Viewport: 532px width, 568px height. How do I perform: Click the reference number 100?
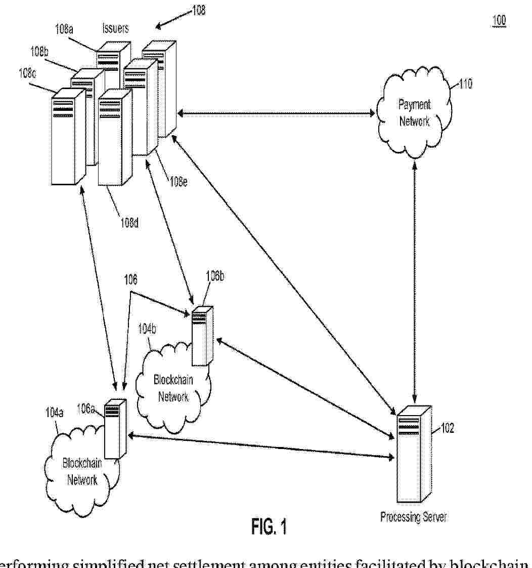(499, 21)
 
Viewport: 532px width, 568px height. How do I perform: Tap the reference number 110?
(465, 84)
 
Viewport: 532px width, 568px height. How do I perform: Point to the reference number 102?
(448, 428)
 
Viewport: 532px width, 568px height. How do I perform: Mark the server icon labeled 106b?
(202, 336)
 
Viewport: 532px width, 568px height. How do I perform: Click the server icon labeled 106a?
(115, 429)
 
